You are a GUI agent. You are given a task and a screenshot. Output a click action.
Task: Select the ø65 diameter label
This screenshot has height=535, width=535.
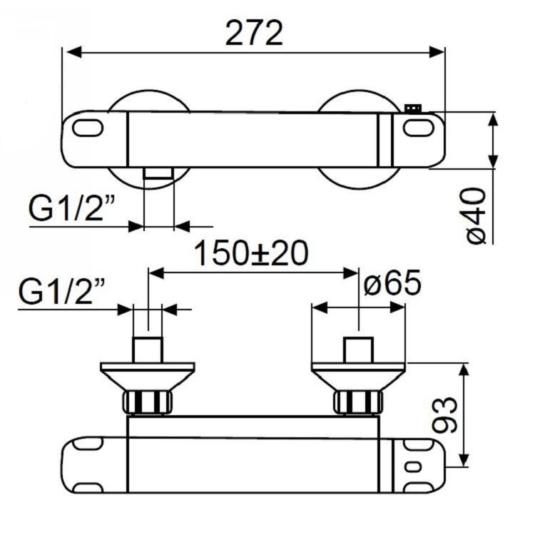coord(392,284)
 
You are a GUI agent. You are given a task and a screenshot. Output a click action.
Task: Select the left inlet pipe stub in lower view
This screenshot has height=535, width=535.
coord(148,350)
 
